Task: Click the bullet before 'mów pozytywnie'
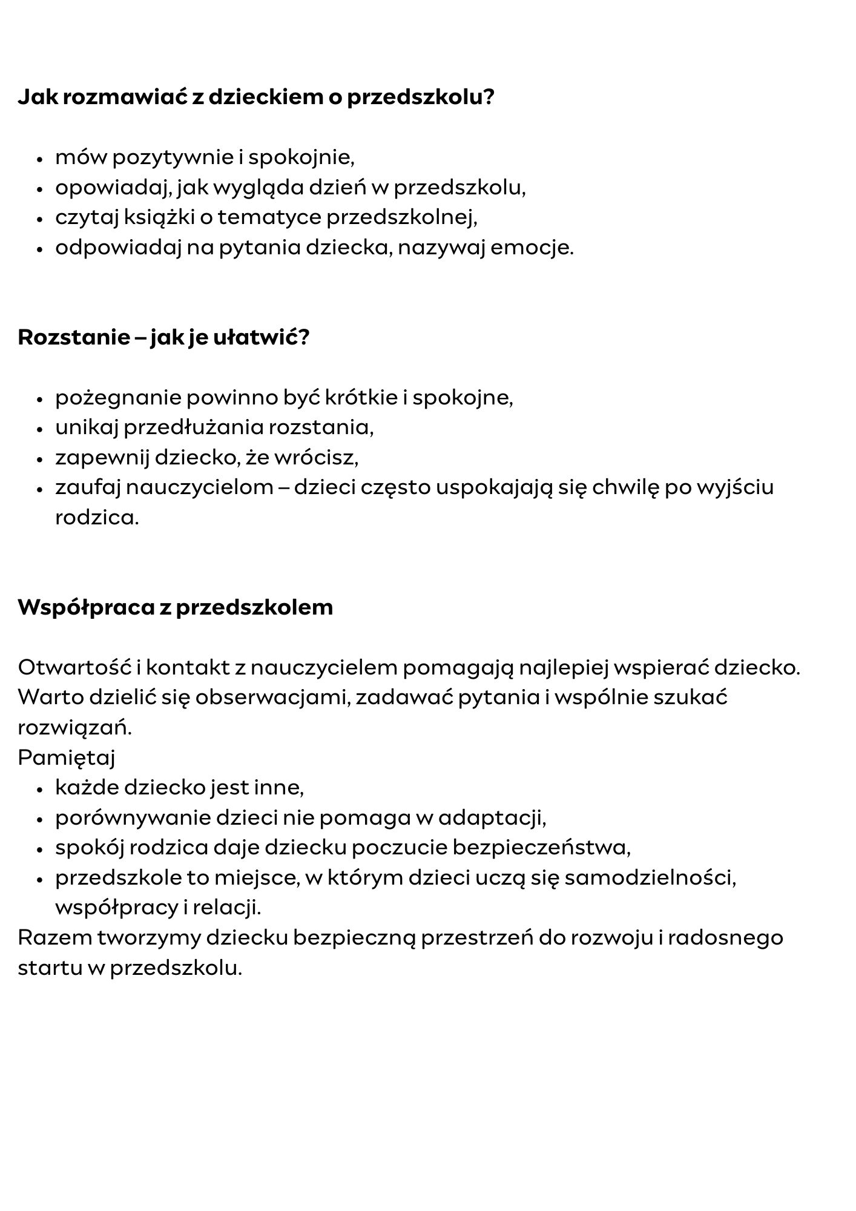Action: coord(40,160)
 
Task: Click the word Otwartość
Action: coord(73,667)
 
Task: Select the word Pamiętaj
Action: coord(67,758)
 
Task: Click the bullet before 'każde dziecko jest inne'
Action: coord(40,790)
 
